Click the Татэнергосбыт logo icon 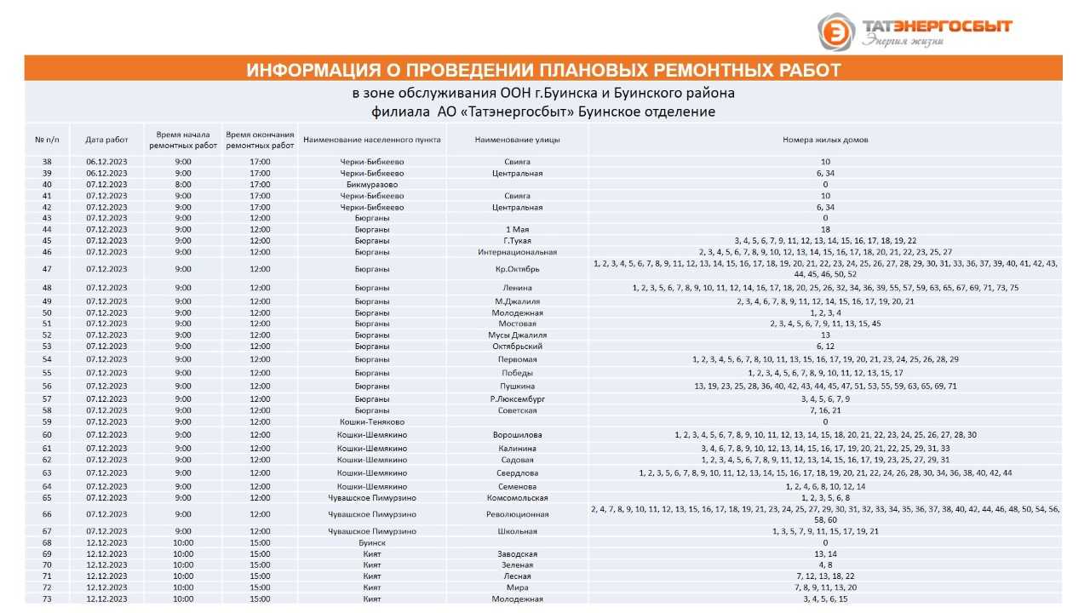click(x=835, y=32)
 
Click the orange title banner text click(x=543, y=70)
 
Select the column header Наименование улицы click(x=517, y=140)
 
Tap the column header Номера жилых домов click(x=825, y=140)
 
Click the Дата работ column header click(x=106, y=140)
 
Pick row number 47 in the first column click(x=47, y=269)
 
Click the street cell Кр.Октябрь click(x=517, y=269)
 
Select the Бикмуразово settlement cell click(x=372, y=184)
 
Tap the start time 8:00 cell click(x=183, y=184)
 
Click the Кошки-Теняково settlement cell click(x=372, y=421)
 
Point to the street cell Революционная click(x=517, y=514)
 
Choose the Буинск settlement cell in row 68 click(x=372, y=542)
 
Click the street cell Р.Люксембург click(x=517, y=399)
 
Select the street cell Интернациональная click(x=517, y=252)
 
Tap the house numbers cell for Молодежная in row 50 click(x=825, y=312)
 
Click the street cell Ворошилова click(x=517, y=435)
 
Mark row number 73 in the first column click(x=47, y=599)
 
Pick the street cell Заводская click(x=517, y=554)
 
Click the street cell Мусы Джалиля click(x=517, y=335)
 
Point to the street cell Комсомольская click(x=517, y=498)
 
